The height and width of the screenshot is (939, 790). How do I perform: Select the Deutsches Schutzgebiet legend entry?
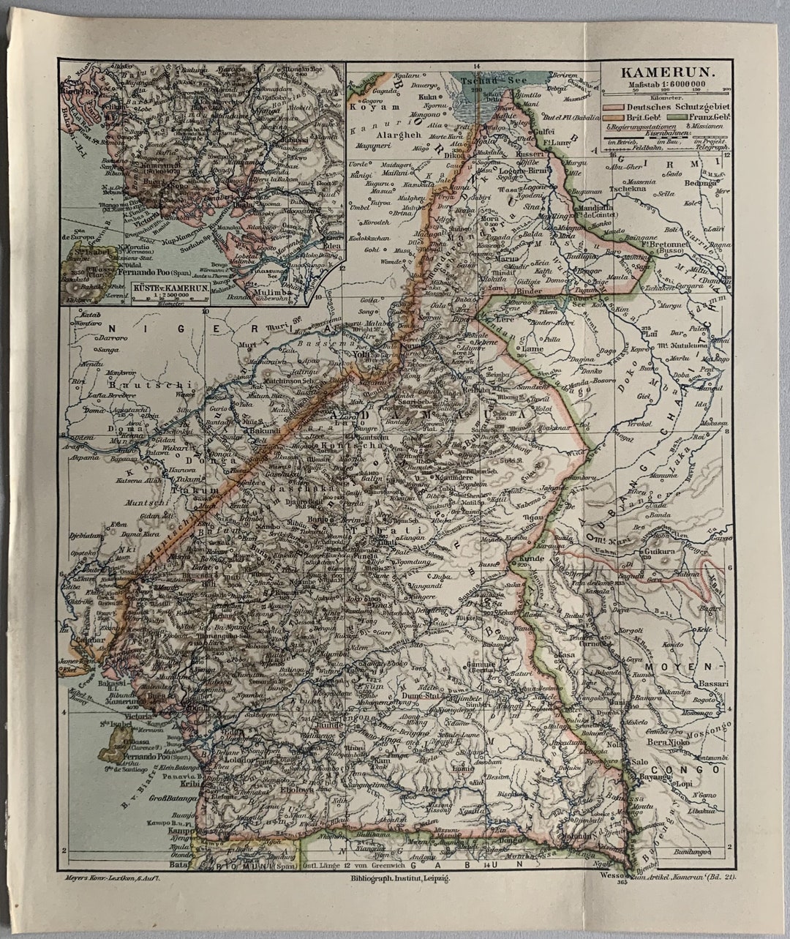tap(667, 107)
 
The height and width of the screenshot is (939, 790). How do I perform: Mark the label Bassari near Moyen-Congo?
tap(712, 684)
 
